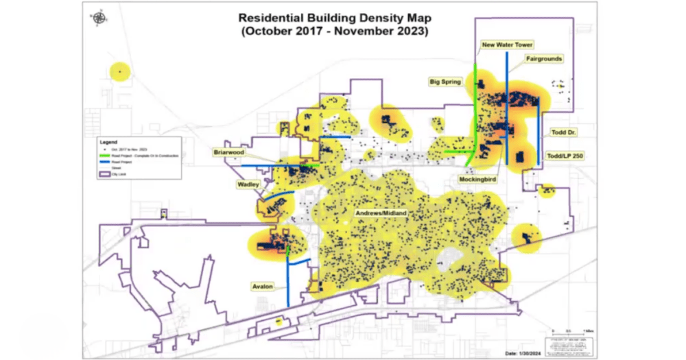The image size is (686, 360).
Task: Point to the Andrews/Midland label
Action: (381, 214)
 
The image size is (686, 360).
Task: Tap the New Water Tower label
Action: (507, 45)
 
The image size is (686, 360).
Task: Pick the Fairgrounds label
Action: (544, 59)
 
